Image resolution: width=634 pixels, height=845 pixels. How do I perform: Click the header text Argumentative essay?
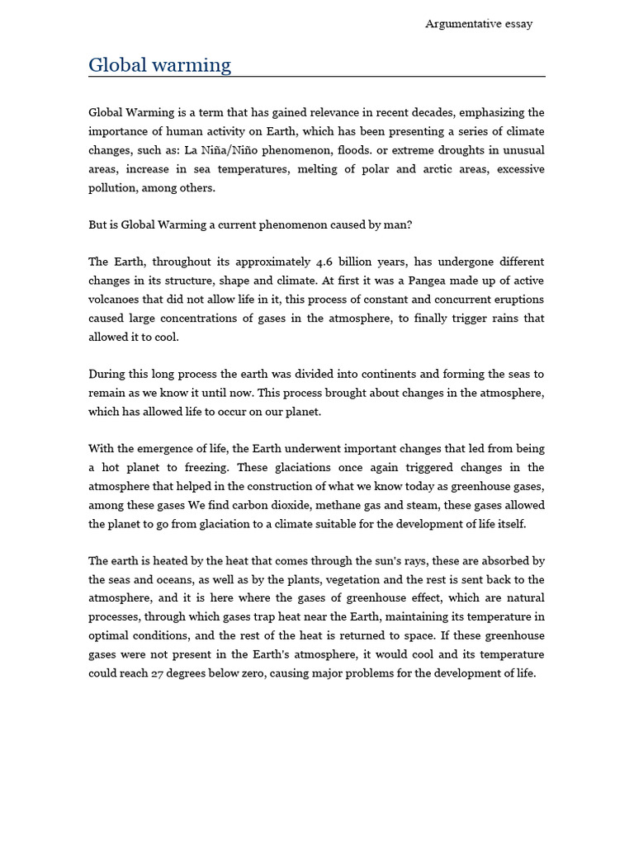click(479, 24)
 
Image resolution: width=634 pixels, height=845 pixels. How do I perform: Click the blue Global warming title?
click(159, 65)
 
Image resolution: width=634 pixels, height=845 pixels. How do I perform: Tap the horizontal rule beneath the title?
click(317, 77)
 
